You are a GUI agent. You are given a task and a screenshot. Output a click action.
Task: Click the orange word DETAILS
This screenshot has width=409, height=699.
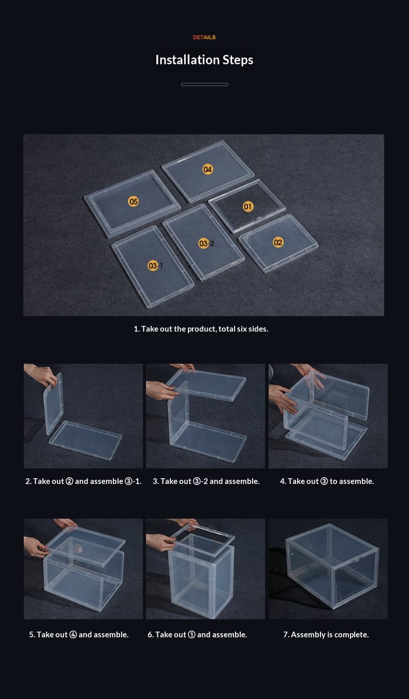204,37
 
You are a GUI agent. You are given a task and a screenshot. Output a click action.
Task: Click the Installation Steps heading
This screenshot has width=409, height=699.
204,60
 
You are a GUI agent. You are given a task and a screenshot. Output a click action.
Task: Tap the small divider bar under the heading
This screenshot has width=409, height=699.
204,84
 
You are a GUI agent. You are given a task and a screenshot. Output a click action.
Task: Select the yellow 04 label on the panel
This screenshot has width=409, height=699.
208,169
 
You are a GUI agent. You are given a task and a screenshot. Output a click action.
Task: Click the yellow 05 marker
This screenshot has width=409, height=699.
134,201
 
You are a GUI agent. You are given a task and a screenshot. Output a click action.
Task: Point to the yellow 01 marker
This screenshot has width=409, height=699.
248,206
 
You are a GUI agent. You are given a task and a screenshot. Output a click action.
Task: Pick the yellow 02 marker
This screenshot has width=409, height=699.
278,242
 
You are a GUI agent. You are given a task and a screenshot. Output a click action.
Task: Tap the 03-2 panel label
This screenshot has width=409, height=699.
207,244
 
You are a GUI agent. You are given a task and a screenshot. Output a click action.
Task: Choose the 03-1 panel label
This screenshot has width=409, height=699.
155,265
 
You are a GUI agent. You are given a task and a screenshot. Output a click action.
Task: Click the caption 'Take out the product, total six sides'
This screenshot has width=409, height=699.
201,329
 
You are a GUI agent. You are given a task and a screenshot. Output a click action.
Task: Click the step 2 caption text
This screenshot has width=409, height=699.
83,481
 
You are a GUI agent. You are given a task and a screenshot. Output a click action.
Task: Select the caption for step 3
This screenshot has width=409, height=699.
206,481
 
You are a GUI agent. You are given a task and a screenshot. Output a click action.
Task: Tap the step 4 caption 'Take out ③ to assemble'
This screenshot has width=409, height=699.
327,481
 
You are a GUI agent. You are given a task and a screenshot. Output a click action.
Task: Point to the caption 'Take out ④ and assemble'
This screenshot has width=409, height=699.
79,634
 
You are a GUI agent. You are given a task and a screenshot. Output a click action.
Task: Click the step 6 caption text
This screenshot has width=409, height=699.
197,634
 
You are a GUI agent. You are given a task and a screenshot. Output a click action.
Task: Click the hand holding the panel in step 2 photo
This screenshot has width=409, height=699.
40,375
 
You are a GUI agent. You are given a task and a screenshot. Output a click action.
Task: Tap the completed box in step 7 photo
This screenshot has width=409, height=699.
332,566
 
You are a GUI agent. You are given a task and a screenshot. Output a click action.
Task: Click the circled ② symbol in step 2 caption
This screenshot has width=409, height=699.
69,481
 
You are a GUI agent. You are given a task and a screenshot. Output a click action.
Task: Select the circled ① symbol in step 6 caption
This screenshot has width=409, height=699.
192,634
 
